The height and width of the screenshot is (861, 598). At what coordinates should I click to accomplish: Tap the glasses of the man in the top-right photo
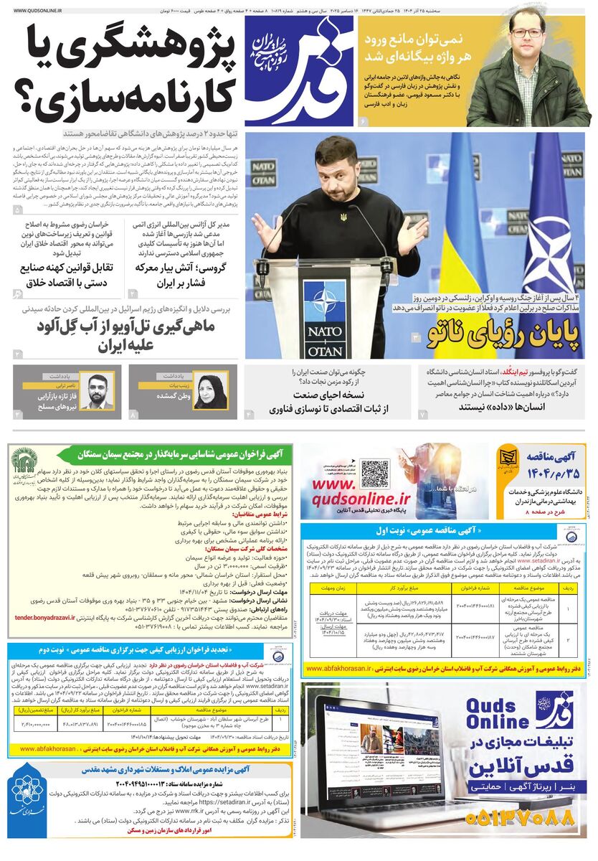coord(527,33)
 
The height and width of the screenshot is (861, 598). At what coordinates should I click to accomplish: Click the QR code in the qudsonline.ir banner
coord(374,474)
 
